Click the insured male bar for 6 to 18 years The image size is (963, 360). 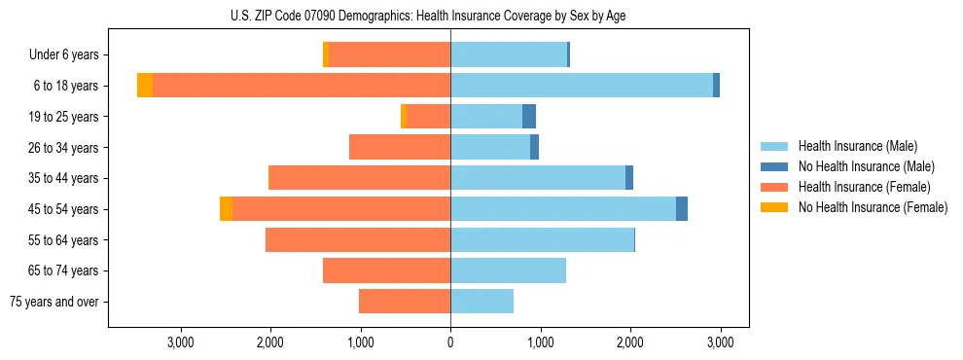(582, 86)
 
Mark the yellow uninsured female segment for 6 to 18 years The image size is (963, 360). (145, 86)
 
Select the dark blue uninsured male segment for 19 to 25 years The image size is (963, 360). (529, 117)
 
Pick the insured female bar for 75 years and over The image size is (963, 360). (405, 302)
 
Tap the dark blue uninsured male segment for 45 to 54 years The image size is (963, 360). (682, 209)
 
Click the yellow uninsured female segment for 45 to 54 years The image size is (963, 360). (226, 209)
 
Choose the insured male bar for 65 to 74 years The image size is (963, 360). (508, 270)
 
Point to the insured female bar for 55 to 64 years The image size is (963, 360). (358, 240)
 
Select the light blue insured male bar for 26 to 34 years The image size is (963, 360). (490, 148)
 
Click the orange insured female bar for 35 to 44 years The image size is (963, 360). (359, 178)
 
